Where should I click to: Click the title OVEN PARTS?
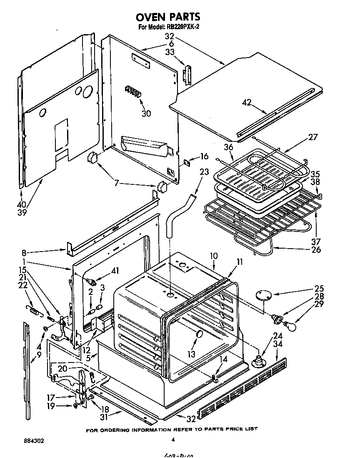click(x=168, y=17)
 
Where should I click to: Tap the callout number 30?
click(x=146, y=113)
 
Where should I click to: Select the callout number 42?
click(x=247, y=103)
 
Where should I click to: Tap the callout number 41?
click(x=115, y=271)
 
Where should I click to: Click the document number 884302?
click(x=31, y=440)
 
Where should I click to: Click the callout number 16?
click(x=204, y=156)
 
